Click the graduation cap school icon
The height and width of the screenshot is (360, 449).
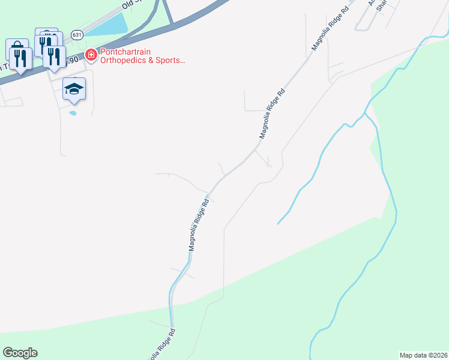pos(74,89)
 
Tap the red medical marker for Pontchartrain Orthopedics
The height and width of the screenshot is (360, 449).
pos(91,55)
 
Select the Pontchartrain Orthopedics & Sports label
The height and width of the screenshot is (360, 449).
pos(142,56)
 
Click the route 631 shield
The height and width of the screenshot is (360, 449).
pos(76,35)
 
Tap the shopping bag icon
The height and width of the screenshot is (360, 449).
pos(17,47)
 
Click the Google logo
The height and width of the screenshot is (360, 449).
pos(20,353)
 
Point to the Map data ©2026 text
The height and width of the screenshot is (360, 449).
pos(423,355)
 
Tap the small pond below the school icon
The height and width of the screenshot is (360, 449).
pos(73,112)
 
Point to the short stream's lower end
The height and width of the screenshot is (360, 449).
pos(278,224)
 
